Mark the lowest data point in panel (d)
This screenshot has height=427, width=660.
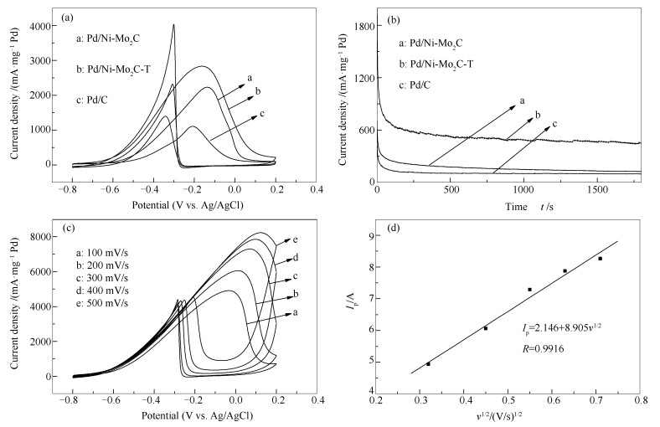click(x=428, y=363)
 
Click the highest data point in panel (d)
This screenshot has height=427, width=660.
click(x=601, y=259)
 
